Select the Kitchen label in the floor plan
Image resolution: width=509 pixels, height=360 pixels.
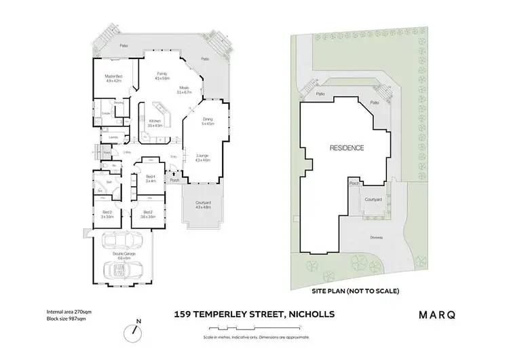point(155,123)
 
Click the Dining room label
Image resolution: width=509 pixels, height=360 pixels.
point(208,122)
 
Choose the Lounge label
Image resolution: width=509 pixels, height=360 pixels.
point(202,158)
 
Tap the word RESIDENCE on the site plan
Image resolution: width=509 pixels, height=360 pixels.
point(347,147)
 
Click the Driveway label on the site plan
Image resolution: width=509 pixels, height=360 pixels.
point(377,237)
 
